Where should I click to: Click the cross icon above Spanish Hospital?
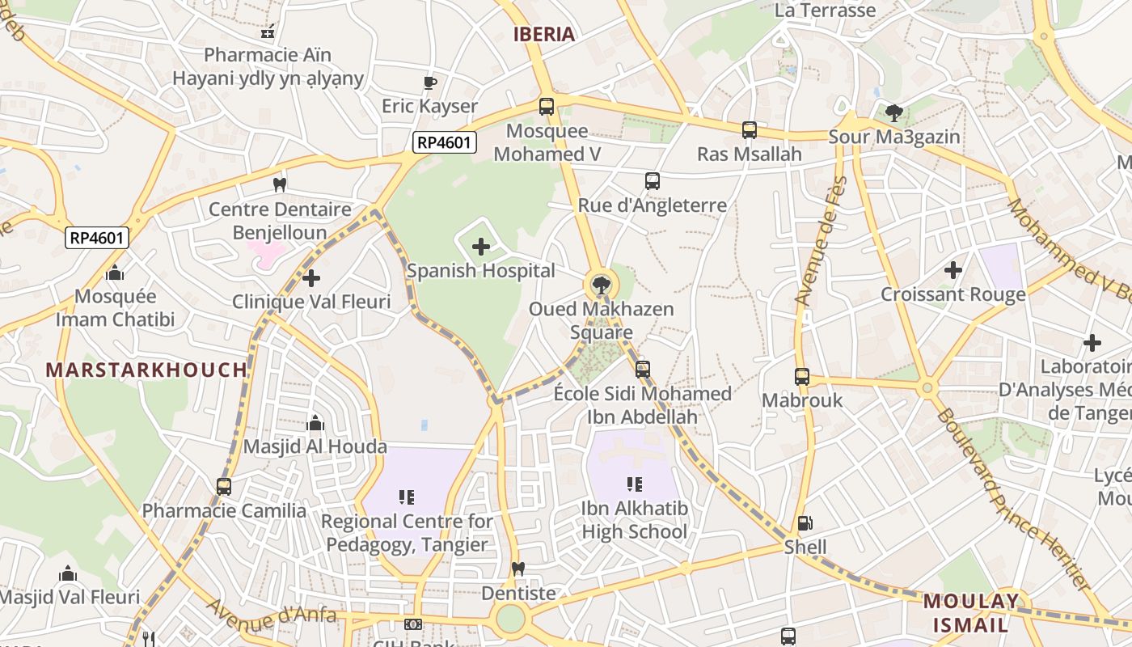481,247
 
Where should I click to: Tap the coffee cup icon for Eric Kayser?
430,82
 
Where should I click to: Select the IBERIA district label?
544,34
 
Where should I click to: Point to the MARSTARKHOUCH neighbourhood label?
146,370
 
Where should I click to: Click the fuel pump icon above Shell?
805,523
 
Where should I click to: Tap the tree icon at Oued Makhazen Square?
601,284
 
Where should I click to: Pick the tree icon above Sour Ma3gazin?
893,112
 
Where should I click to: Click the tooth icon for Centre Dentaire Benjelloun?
280,184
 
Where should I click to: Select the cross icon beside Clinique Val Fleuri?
311,278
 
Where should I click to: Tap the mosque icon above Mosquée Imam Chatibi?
115,273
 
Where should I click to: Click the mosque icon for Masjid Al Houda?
315,423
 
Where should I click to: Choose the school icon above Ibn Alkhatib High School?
635,484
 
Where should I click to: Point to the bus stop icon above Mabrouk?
802,376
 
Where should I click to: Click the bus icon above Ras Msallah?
750,129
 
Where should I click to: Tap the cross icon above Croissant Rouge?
953,270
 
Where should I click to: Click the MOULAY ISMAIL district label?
971,613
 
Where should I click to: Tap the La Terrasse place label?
825,11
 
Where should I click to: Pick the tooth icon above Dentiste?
519,569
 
